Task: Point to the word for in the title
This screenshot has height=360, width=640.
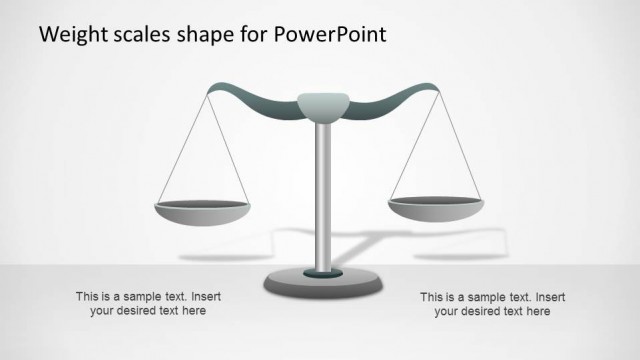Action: pyautogui.click(x=253, y=35)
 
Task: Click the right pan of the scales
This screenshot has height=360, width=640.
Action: pyautogui.click(x=436, y=207)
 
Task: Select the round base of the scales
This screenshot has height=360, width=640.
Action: pyautogui.click(x=322, y=283)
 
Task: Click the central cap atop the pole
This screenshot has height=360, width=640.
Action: pyautogui.click(x=322, y=104)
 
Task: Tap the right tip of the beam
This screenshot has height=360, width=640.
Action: pyautogui.click(x=436, y=89)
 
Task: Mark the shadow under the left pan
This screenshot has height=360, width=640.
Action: pyautogui.click(x=205, y=257)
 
